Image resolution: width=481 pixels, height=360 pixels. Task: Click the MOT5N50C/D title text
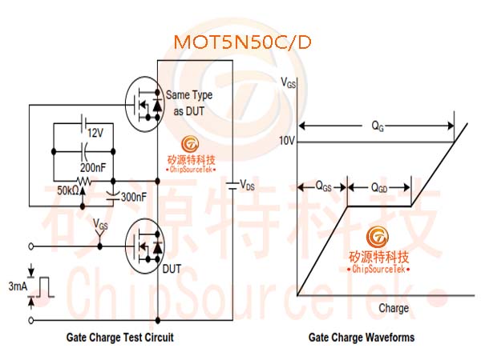click(242, 42)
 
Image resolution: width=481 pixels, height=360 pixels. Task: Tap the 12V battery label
click(95, 133)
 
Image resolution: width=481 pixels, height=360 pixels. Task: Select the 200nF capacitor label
click(93, 167)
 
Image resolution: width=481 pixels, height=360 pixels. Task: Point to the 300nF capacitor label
click(133, 197)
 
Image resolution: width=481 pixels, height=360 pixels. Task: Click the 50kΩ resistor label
click(68, 190)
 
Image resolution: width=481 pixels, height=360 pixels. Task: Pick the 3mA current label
click(18, 286)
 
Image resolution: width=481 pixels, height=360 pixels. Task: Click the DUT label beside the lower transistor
click(172, 269)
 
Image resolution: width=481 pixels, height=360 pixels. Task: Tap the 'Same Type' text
click(189, 95)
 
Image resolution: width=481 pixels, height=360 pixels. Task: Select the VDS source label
click(247, 185)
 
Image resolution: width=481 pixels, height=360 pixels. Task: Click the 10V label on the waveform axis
click(287, 141)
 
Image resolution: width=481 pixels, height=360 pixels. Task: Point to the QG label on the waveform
click(378, 126)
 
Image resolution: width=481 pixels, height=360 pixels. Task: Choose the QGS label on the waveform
click(323, 186)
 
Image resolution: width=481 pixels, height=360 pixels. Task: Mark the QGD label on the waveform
click(379, 187)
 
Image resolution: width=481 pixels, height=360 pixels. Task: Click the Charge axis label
click(394, 308)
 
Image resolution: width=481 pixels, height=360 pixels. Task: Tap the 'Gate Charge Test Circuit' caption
click(120, 338)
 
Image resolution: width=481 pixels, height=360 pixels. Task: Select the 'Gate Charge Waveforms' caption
click(362, 338)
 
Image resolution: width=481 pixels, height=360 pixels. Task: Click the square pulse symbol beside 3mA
click(45, 287)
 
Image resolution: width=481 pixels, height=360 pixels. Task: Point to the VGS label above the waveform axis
click(289, 82)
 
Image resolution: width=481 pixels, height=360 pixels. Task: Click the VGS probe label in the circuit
click(100, 224)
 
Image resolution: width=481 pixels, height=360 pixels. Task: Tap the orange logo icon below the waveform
click(378, 237)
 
